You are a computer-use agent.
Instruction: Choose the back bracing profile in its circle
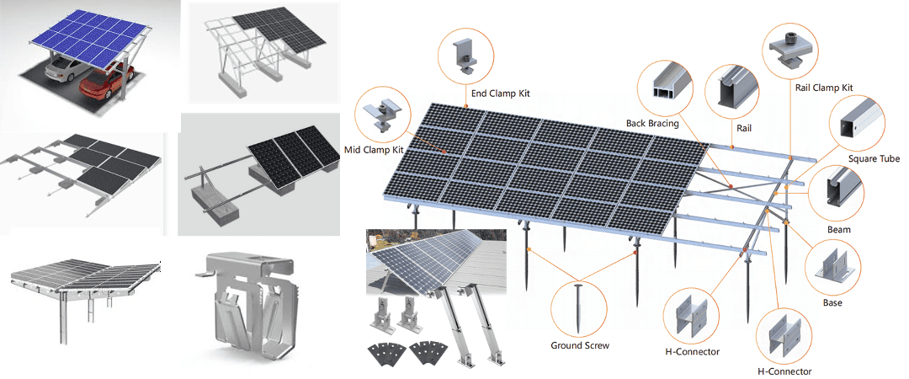(672, 85)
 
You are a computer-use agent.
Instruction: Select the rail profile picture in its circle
(728, 90)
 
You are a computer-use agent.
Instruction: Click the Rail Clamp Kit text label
(824, 88)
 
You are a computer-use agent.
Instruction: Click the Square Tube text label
(874, 157)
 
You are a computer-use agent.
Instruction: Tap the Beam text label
(838, 229)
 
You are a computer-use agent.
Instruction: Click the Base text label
(832, 302)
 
